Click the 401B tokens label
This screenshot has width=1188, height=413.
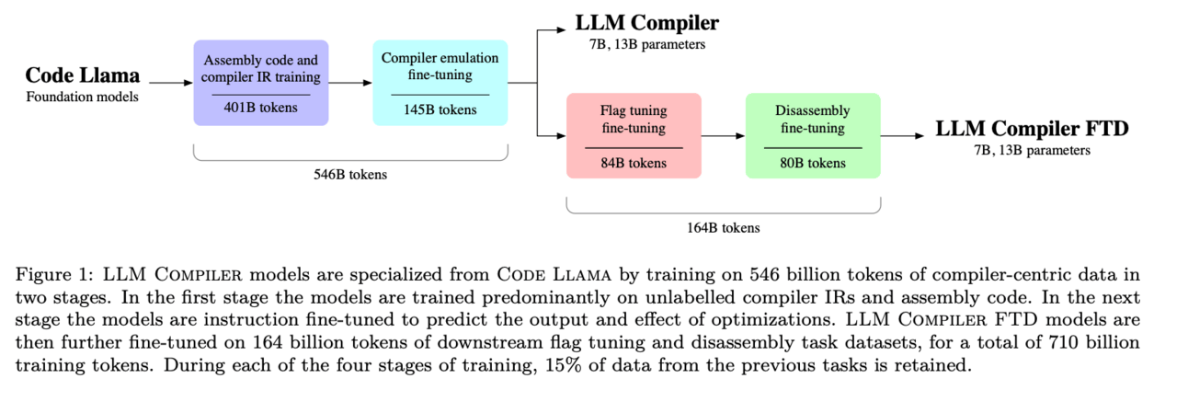[x=260, y=108]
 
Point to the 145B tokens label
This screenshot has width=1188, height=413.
[x=440, y=109]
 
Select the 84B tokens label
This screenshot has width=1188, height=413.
[x=634, y=164]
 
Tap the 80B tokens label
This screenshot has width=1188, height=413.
[x=813, y=164]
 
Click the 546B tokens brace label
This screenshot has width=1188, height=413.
[x=350, y=175]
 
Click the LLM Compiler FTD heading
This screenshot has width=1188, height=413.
[x=1032, y=129]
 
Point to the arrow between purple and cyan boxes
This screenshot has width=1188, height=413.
[x=350, y=83]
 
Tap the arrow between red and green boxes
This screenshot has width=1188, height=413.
[x=723, y=136]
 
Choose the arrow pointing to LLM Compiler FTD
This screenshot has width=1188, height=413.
[x=902, y=136]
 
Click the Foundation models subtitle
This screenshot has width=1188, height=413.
[x=82, y=96]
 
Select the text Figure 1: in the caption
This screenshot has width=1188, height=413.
[x=45, y=273]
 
